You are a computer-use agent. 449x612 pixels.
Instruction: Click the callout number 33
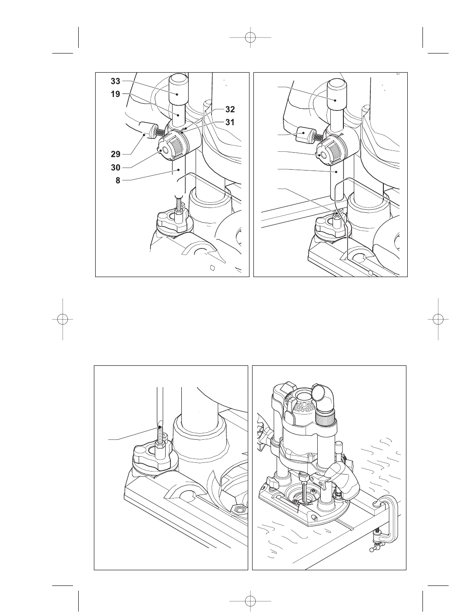click(x=115, y=81)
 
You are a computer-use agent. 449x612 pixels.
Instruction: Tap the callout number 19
click(x=115, y=94)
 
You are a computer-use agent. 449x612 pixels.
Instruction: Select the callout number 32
click(x=230, y=109)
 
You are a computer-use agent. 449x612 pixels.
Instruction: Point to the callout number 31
click(x=230, y=123)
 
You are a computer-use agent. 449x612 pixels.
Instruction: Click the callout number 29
click(x=115, y=154)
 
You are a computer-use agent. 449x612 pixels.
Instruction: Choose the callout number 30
click(x=115, y=167)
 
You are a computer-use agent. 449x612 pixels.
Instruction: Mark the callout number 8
click(x=118, y=180)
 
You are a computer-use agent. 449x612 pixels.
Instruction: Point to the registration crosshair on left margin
click(x=63, y=319)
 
